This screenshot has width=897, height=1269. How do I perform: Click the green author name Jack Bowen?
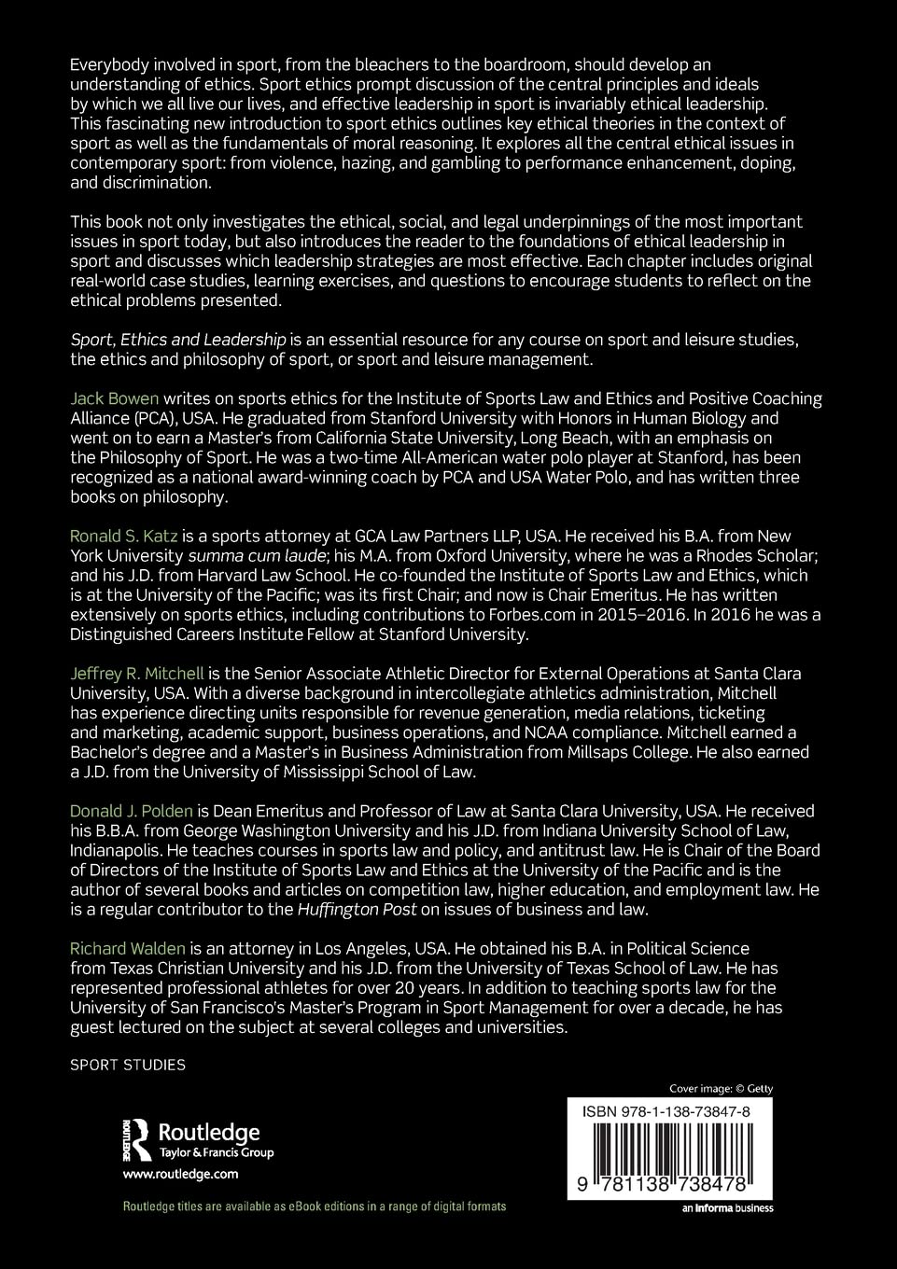click(x=115, y=398)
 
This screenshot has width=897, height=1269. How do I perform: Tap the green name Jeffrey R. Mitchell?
click(x=136, y=673)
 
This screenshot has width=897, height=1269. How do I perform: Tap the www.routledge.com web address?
click(x=180, y=1175)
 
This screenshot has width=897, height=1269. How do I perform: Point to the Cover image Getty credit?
click(x=721, y=1088)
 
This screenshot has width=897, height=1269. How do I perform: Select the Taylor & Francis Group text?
click(x=217, y=1152)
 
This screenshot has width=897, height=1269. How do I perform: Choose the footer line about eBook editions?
click(x=315, y=1206)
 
